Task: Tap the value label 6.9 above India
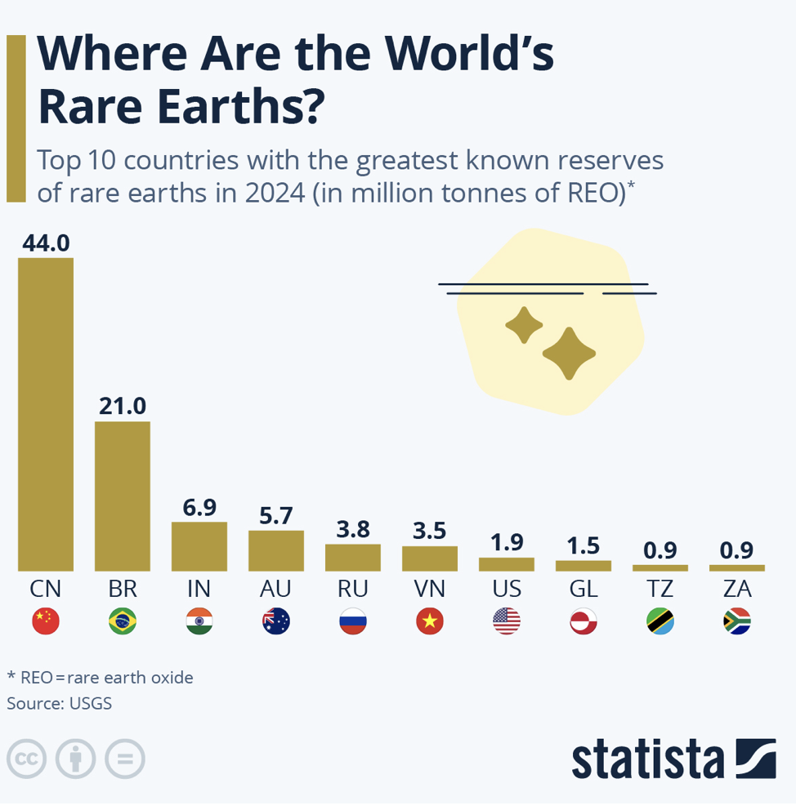tap(199, 507)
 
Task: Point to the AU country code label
tap(276, 588)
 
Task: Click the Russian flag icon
tap(353, 622)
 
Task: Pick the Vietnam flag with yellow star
tap(430, 622)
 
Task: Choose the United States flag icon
tap(507, 622)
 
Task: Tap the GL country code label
tap(584, 588)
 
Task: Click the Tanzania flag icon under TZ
tap(660, 622)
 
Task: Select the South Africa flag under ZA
tap(737, 622)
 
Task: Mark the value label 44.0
tap(46, 243)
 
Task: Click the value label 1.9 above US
tap(507, 542)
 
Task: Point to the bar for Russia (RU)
tap(353, 557)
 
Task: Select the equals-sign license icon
tap(125, 759)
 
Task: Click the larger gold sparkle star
tap(569, 354)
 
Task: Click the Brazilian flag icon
tap(123, 622)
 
